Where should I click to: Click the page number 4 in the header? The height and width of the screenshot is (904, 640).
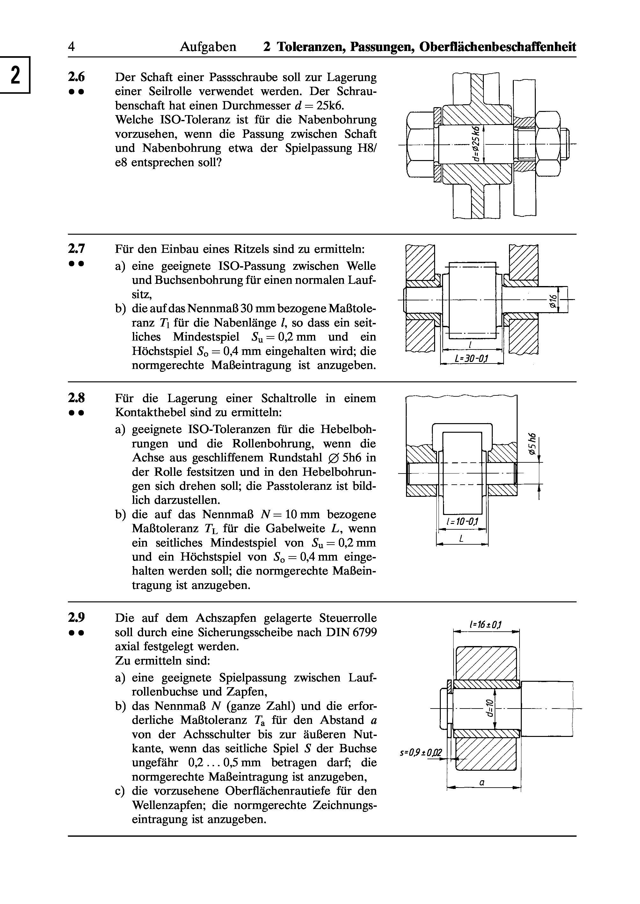tap(71, 47)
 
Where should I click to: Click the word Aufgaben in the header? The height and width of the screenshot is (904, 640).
tap(208, 47)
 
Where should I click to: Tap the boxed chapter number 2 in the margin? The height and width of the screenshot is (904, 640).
tap(15, 75)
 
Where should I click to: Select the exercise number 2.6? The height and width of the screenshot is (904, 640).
tap(76, 77)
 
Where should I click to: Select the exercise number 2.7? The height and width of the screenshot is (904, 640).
tap(76, 249)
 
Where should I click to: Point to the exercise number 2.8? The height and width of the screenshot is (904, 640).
tap(76, 398)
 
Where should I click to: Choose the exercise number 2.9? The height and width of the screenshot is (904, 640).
tap(76, 618)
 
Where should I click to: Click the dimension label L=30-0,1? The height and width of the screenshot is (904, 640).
tap(472, 358)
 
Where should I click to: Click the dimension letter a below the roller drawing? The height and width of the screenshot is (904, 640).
tap(482, 782)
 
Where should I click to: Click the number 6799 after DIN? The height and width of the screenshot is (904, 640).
tap(365, 632)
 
